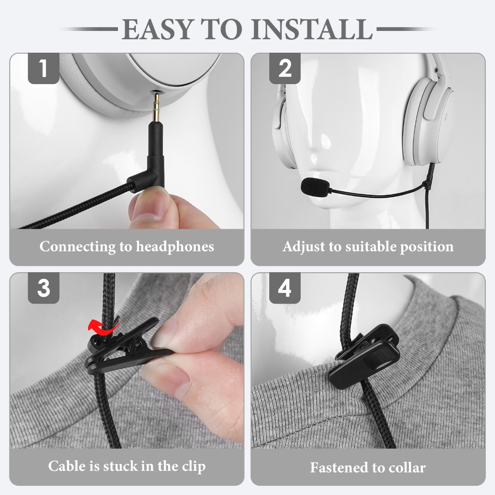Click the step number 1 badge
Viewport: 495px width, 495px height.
point(44,68)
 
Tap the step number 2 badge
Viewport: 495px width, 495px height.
point(285,68)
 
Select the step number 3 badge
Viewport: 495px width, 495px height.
point(44,288)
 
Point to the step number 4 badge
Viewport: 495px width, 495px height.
point(285,288)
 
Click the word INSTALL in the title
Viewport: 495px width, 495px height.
point(312,29)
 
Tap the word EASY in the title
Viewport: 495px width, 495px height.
point(157,29)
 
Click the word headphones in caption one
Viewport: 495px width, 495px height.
point(175,247)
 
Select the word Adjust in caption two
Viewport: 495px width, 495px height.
point(304,247)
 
